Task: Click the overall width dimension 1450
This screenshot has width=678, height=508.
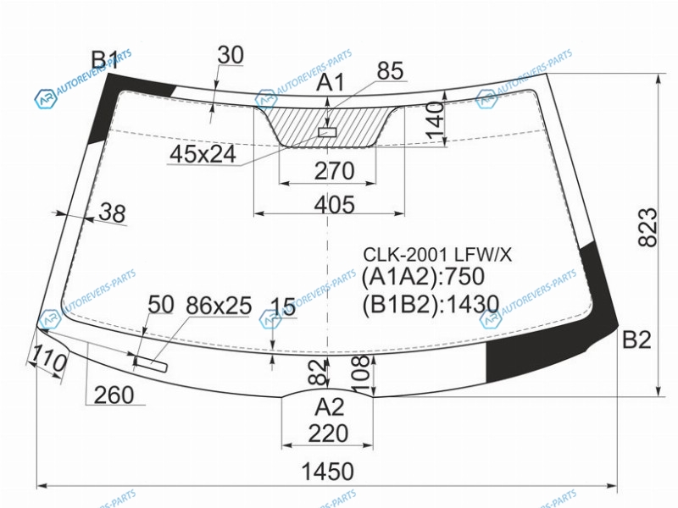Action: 327,471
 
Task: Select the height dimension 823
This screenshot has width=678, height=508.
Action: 647,227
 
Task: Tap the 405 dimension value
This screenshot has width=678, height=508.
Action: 334,204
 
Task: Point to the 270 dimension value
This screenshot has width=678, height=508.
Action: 334,171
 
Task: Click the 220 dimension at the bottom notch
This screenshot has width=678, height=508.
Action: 328,433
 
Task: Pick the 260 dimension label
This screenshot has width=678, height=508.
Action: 114,395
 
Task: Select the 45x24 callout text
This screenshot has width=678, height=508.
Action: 203,153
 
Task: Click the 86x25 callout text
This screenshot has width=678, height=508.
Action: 219,306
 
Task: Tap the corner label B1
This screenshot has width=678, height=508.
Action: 104,60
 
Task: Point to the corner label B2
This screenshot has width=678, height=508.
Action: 636,340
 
